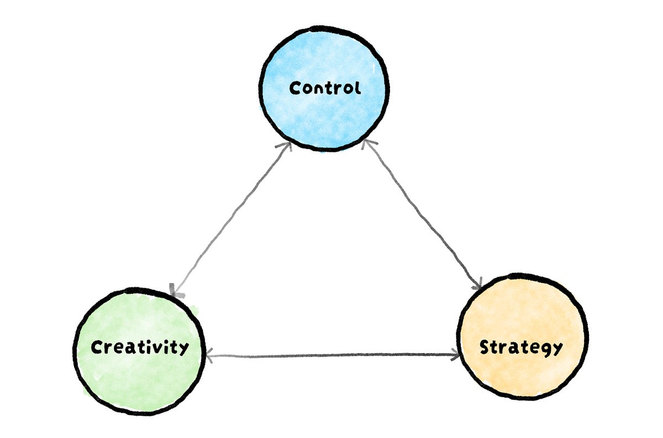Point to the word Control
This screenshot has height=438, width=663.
(x=325, y=88)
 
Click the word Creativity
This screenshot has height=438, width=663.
(x=139, y=347)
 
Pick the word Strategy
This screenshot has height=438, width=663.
(x=521, y=347)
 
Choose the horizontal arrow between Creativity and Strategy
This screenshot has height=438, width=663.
(x=331, y=355)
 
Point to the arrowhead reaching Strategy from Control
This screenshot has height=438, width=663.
(x=477, y=284)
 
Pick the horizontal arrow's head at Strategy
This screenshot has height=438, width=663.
(x=456, y=355)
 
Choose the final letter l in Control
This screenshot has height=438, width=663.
(x=357, y=87)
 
